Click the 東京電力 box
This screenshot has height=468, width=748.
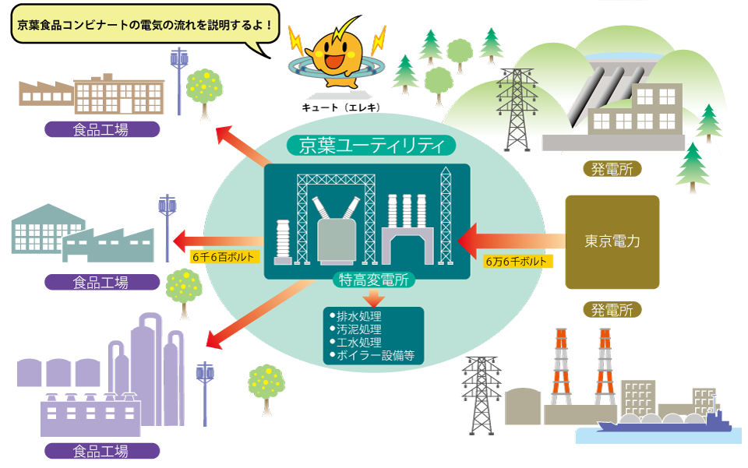[x=612, y=242]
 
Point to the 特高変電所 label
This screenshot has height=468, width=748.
[x=373, y=280]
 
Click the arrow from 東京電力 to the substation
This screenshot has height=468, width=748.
[x=510, y=237]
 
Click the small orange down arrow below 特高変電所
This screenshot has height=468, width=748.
[x=375, y=296]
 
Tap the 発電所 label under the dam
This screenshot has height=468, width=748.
[x=612, y=169]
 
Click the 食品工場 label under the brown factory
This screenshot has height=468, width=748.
[x=101, y=129]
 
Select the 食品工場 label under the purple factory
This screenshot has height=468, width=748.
[x=101, y=451]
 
